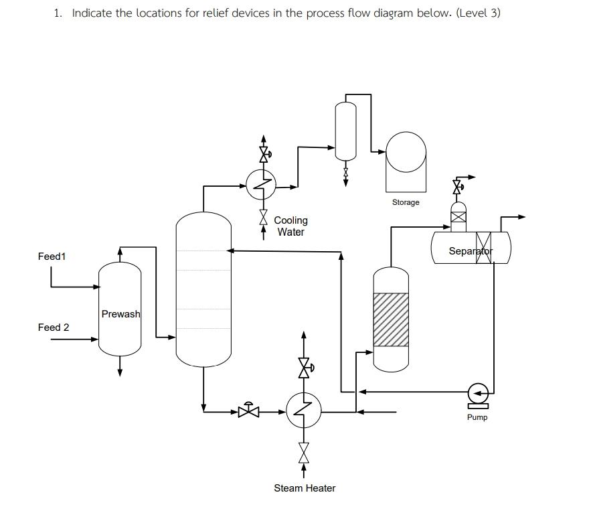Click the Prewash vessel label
point(120,313)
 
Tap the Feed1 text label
point(52,257)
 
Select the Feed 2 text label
point(54,327)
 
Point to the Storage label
point(406,202)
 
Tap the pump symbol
point(478,395)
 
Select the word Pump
point(477,417)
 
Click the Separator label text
point(471,250)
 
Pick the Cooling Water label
point(290,226)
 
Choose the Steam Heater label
point(305,488)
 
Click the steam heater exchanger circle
point(304,411)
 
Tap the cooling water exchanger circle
point(261,184)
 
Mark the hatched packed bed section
point(391,320)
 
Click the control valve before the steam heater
point(249,411)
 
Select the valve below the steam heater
point(304,453)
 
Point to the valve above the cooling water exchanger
point(264,154)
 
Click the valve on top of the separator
point(458,187)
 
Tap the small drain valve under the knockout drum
point(345,173)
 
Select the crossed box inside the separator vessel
point(484,247)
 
